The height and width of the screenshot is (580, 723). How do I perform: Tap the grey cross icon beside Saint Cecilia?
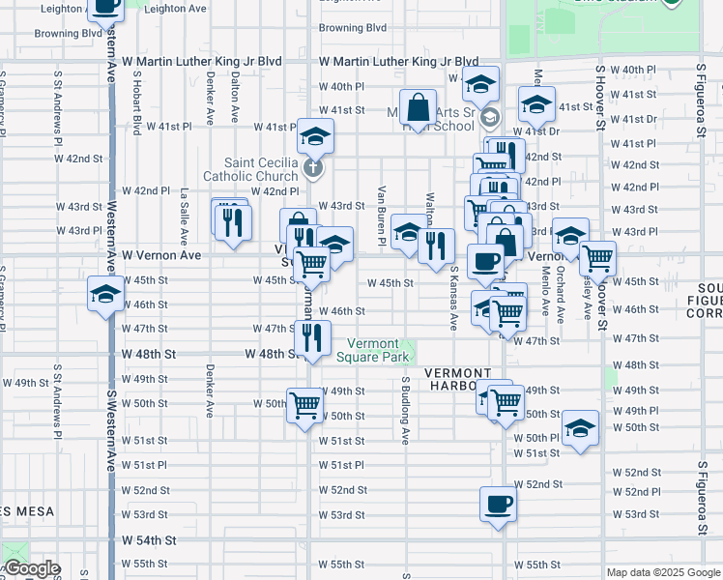coord(312,169)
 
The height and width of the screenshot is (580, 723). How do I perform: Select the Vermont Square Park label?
coord(372,350)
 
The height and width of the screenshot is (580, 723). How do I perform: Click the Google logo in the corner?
coord(31,569)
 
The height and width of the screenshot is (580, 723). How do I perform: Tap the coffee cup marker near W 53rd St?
coord(498,505)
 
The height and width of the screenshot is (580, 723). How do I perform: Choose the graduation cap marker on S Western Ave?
coord(104,296)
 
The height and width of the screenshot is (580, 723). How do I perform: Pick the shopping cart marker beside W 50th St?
coord(304,405)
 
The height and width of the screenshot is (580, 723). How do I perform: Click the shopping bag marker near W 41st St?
coord(419,109)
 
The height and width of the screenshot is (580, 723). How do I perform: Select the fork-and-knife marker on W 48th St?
coord(311,338)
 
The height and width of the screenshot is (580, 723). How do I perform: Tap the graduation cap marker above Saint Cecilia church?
coord(315,138)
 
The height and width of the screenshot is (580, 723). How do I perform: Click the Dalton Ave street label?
coord(235,100)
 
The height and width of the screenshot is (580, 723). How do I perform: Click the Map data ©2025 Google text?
coord(663,572)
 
